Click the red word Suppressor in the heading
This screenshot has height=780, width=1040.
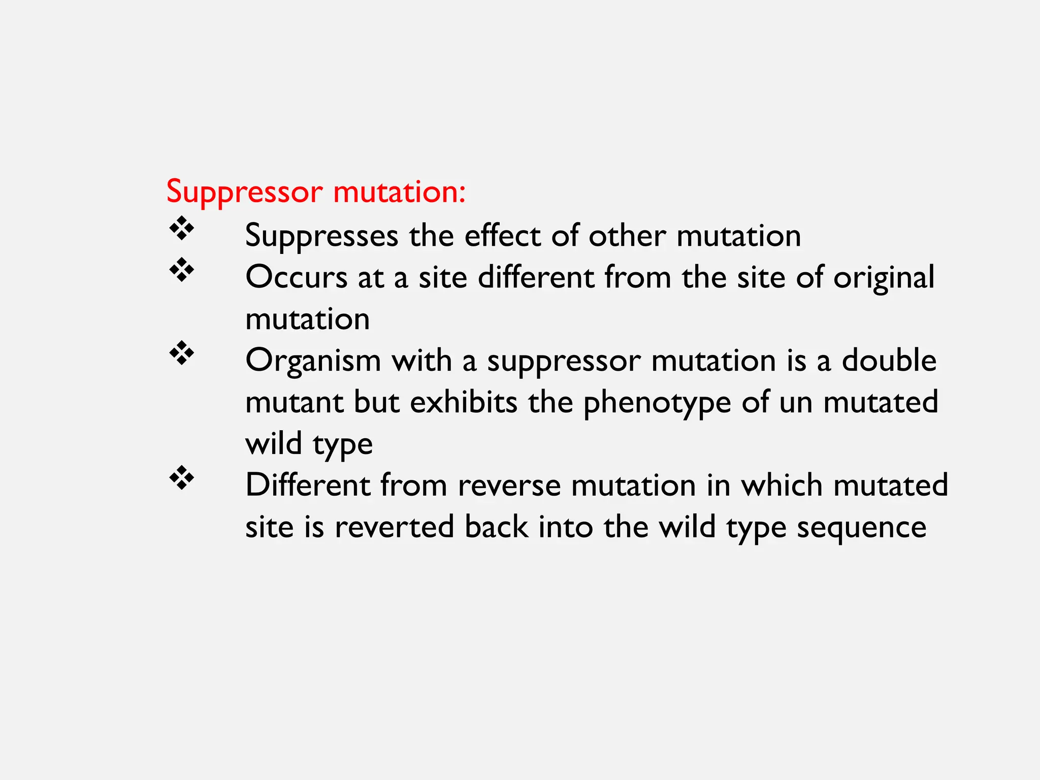244,192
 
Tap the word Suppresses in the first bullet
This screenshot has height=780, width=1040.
321,236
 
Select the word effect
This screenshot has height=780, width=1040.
502,236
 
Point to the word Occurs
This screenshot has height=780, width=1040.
296,278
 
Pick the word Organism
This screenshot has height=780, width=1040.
313,362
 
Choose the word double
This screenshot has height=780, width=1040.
889,361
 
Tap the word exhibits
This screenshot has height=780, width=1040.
464,402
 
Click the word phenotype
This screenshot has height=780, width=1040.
657,403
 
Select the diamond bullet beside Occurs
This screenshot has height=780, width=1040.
181,270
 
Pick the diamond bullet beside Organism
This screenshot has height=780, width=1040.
181,353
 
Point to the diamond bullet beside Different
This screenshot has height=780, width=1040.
181,478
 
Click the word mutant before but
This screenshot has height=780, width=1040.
294,402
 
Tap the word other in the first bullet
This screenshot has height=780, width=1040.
627,236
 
